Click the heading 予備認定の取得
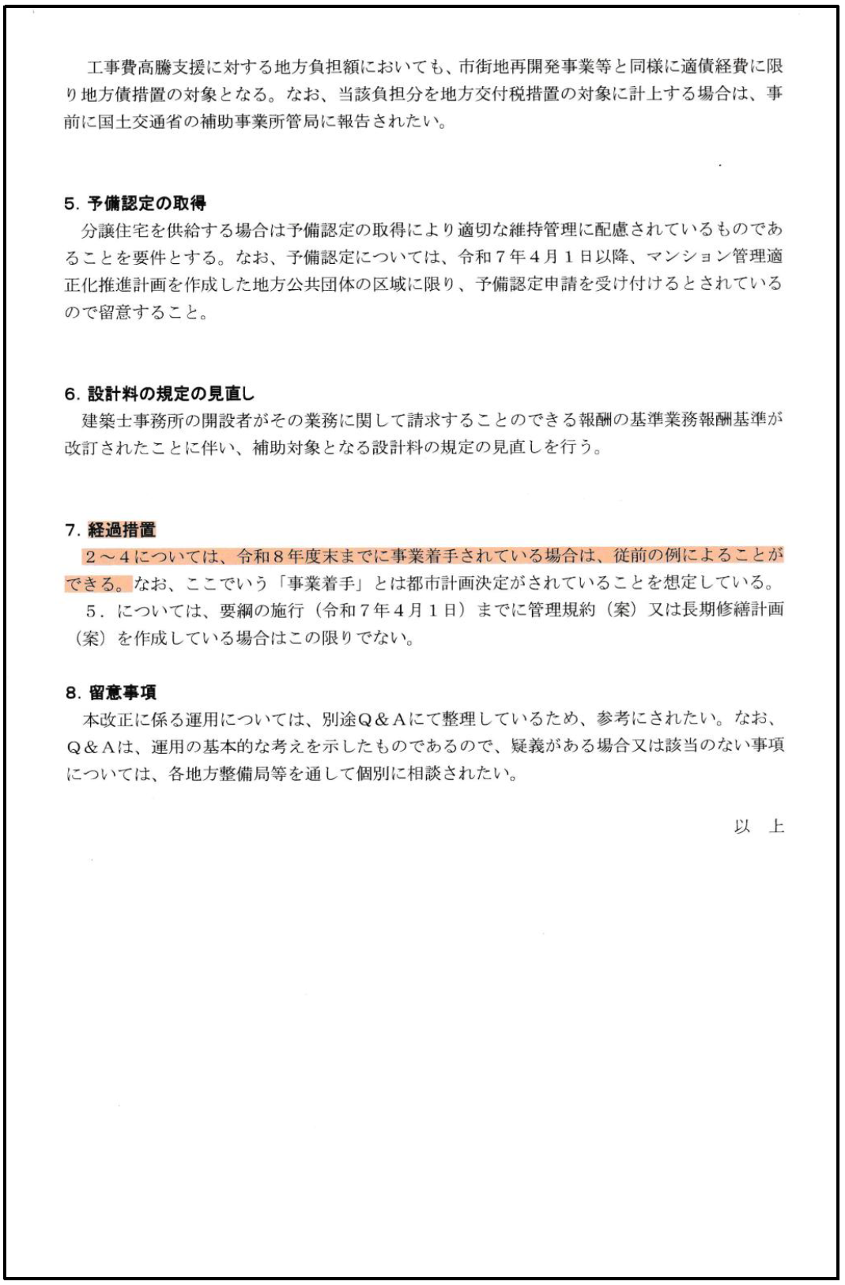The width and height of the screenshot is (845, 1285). pyautogui.click(x=146, y=203)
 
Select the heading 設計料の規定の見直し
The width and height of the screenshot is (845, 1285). pyautogui.click(x=171, y=394)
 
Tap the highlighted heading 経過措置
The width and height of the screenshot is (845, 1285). pyautogui.click(x=122, y=529)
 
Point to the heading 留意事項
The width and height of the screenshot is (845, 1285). pyautogui.click(x=123, y=692)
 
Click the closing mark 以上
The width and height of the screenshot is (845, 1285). pyautogui.click(x=759, y=827)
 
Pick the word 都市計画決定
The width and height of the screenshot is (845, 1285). pyautogui.click(x=449, y=584)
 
